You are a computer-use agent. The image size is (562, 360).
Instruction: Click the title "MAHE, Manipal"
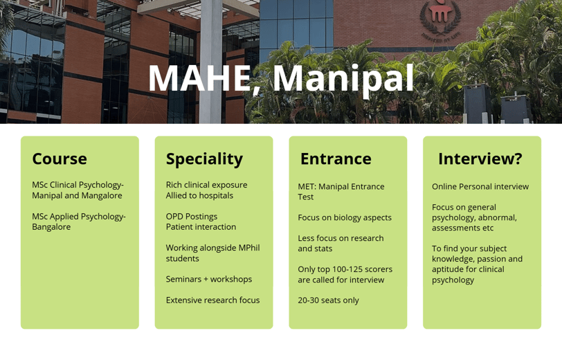click(281, 79)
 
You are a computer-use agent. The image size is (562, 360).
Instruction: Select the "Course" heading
click(60, 159)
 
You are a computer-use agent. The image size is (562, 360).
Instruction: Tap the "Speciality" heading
click(204, 159)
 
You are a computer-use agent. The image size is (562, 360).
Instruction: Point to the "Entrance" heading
click(336, 159)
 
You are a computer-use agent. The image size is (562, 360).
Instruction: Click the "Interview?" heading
click(480, 159)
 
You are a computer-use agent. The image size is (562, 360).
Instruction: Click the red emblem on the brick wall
click(440, 18)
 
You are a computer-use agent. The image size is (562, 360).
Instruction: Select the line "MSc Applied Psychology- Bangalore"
click(79, 222)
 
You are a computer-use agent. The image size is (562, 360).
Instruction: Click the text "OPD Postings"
click(192, 217)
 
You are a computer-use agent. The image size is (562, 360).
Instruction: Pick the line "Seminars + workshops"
click(209, 279)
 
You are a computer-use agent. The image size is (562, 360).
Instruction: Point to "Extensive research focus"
click(213, 300)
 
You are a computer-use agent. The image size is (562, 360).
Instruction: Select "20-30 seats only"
click(328, 300)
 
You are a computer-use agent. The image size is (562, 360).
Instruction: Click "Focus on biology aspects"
click(345, 217)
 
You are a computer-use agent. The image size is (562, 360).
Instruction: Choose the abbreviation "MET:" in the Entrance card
click(307, 186)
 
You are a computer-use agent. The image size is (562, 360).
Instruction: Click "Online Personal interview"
click(480, 186)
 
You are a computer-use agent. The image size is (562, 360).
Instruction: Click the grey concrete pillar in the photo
click(210, 62)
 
